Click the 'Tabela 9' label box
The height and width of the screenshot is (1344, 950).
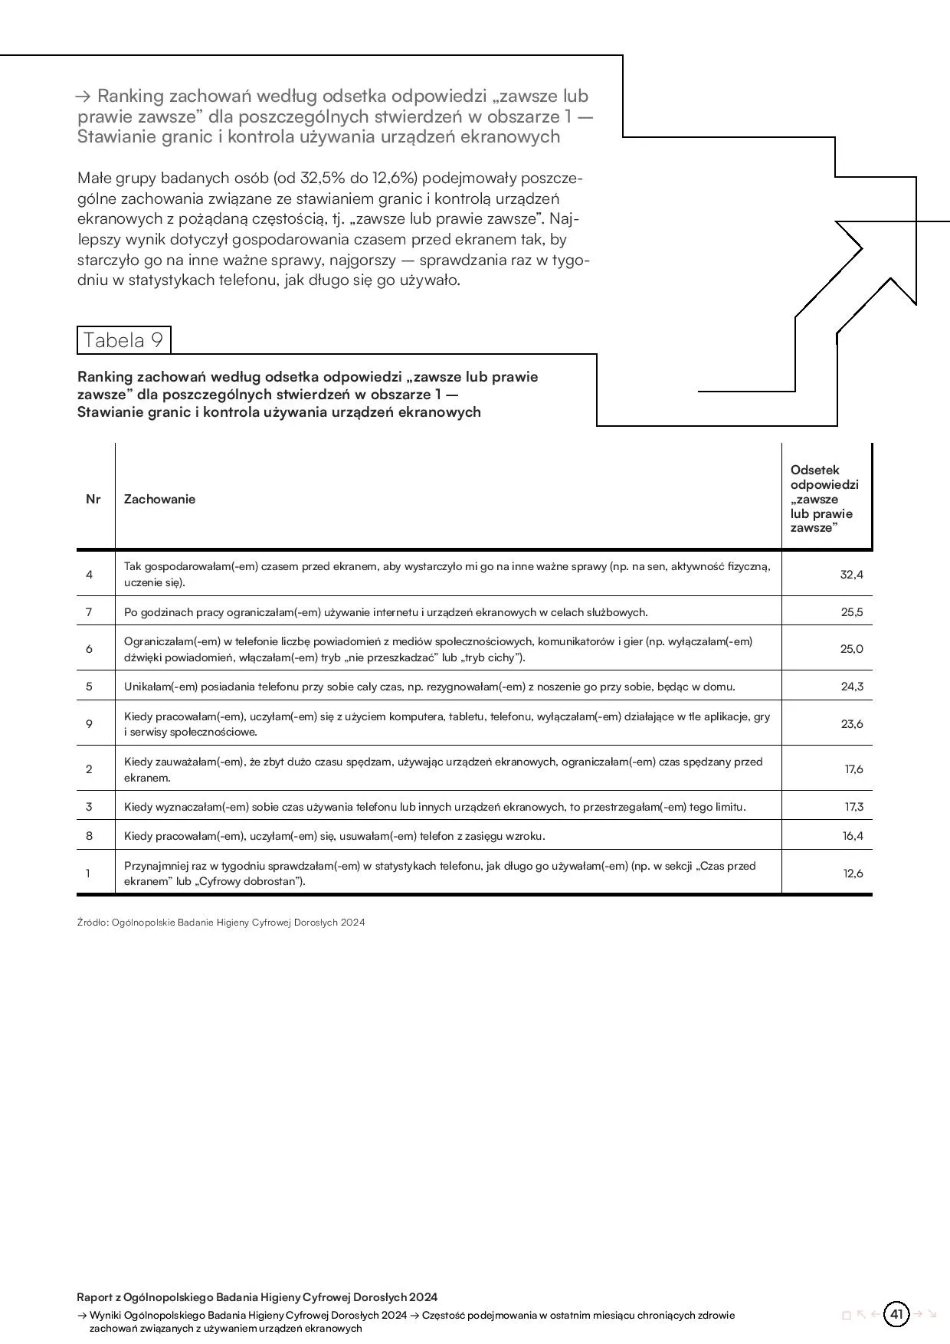coord(123,340)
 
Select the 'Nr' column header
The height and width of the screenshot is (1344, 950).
coord(93,499)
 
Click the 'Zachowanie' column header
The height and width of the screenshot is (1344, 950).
coord(159,499)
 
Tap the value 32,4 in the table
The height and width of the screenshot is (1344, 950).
coord(851,574)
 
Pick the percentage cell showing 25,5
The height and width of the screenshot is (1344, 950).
coord(851,611)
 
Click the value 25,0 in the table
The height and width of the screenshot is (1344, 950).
coord(851,648)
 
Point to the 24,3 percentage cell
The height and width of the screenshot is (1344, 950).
coord(852,686)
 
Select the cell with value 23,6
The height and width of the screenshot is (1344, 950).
coord(852,723)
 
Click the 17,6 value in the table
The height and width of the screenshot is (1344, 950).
coord(853,769)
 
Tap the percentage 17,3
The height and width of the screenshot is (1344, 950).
coord(853,806)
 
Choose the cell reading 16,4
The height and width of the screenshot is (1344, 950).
coord(853,835)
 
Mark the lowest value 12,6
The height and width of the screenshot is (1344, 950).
coord(853,873)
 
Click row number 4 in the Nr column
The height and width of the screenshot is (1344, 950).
coord(89,574)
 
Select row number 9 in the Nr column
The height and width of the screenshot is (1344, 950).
coord(89,723)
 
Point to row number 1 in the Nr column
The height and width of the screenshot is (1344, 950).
coord(88,873)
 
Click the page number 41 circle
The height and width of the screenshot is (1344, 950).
coord(896,1314)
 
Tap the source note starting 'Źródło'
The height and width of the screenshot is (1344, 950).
coord(221,922)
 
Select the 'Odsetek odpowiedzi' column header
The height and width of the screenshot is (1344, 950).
coord(824,499)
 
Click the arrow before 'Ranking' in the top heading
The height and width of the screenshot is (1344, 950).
coord(84,97)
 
